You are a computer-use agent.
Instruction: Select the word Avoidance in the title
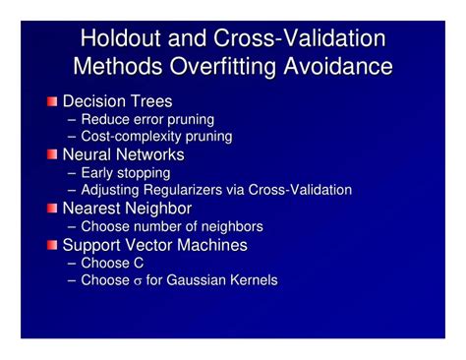pyautogui.click(x=337, y=67)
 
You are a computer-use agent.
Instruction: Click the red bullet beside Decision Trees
pyautogui.click(x=52, y=101)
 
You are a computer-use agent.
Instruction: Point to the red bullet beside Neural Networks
pyautogui.click(x=52, y=155)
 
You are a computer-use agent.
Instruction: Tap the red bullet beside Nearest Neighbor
pyautogui.click(x=52, y=209)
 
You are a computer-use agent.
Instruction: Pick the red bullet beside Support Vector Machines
pyautogui.click(x=52, y=245)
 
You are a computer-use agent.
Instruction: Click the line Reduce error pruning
pyautogui.click(x=147, y=119)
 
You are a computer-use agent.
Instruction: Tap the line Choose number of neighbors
pyautogui.click(x=171, y=226)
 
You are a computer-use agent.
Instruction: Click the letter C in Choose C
pyautogui.click(x=138, y=263)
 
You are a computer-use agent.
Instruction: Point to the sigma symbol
pyautogui.click(x=138, y=282)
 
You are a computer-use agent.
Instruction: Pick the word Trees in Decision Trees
pyautogui.click(x=151, y=101)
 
